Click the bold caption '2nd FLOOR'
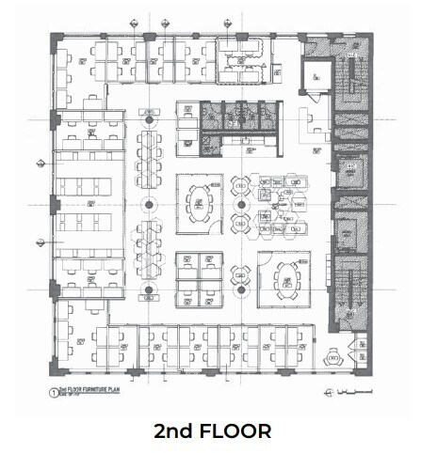212,431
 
